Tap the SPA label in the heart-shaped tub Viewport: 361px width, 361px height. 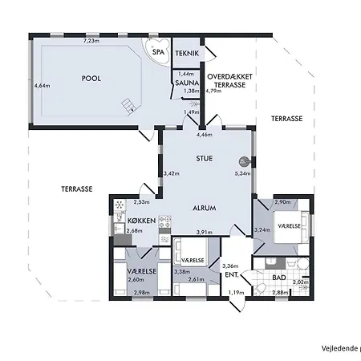(157, 54)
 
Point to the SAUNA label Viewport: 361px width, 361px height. (187, 82)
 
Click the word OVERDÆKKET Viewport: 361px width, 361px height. (230, 76)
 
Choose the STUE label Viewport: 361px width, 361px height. (204, 159)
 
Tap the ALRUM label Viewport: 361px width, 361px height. (205, 207)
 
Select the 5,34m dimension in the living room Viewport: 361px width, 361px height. (242, 173)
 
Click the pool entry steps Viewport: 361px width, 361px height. (126, 105)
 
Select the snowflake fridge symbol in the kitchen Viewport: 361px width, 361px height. (120, 205)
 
